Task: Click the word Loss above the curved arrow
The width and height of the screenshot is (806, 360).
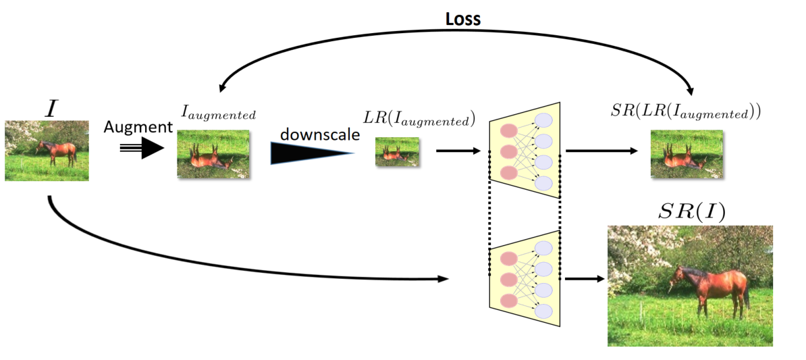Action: click(x=462, y=19)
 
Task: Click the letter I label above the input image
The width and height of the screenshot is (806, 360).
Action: click(x=51, y=108)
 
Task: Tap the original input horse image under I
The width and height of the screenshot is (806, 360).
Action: click(x=47, y=151)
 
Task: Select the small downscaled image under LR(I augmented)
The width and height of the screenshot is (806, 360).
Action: click(x=398, y=153)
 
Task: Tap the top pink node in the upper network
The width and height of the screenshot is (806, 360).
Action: click(x=508, y=130)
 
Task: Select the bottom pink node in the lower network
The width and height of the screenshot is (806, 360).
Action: click(x=508, y=300)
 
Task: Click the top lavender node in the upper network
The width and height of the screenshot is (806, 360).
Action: click(x=543, y=121)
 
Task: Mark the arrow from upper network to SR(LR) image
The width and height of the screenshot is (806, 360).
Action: click(x=601, y=152)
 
